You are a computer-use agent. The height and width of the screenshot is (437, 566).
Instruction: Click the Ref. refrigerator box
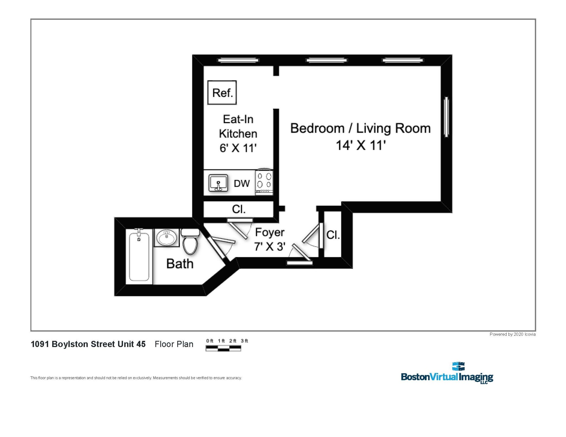pyautogui.click(x=222, y=92)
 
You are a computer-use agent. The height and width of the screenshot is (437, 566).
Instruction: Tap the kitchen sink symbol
pyautogui.click(x=218, y=183)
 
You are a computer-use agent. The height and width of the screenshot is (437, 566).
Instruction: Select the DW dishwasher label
pyautogui.click(x=242, y=184)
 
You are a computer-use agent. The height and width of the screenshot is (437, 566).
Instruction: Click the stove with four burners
pyautogui.click(x=264, y=182)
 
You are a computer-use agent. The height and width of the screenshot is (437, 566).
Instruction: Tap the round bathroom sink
pyautogui.click(x=167, y=237)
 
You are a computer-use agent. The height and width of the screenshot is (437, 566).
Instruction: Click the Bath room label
pyautogui.click(x=180, y=264)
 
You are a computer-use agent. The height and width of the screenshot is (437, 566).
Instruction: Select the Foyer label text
pyautogui.click(x=269, y=232)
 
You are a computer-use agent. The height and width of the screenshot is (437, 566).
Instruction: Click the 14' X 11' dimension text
pyautogui.click(x=360, y=145)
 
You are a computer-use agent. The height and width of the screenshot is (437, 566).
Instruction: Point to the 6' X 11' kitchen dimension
pyautogui.click(x=238, y=148)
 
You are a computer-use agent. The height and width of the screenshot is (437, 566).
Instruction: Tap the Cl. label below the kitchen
pyautogui.click(x=239, y=209)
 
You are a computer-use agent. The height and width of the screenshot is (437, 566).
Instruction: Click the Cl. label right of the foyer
pyautogui.click(x=333, y=235)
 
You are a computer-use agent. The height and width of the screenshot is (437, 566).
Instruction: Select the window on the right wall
pyautogui.click(x=446, y=117)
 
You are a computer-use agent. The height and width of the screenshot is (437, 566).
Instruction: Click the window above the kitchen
pyautogui.click(x=238, y=60)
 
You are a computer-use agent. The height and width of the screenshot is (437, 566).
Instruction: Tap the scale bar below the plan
pyautogui.click(x=223, y=349)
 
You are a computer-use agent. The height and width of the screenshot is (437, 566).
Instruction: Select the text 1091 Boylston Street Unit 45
pyautogui.click(x=88, y=344)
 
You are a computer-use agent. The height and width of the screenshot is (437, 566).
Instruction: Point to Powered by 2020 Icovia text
pyautogui.click(x=512, y=334)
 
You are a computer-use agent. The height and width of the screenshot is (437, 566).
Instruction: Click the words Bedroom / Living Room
pyautogui.click(x=360, y=129)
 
